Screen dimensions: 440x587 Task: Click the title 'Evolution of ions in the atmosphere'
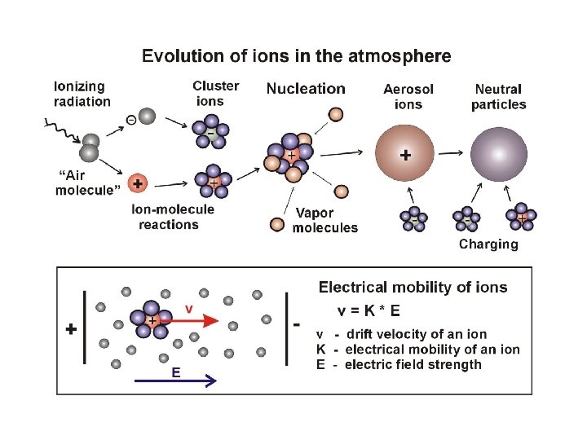pyautogui.click(x=296, y=56)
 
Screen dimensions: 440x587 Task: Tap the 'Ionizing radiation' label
pyautogui.click(x=82, y=94)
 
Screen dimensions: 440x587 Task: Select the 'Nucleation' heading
pyautogui.click(x=306, y=89)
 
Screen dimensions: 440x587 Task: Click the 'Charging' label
pyautogui.click(x=488, y=244)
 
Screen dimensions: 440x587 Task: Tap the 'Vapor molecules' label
pyautogui.click(x=325, y=220)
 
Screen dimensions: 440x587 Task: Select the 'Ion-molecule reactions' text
pyautogui.click(x=173, y=217)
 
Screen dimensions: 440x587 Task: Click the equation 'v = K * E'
pyautogui.click(x=369, y=310)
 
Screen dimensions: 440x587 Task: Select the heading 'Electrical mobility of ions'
pyautogui.click(x=413, y=287)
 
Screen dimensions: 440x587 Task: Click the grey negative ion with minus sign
pyautogui.click(x=145, y=117)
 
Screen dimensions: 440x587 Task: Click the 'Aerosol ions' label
pyautogui.click(x=408, y=96)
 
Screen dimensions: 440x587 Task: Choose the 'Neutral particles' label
pyautogui.click(x=499, y=96)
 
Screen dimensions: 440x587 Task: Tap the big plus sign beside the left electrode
pyautogui.click(x=72, y=330)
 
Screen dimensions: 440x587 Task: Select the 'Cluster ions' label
pyautogui.click(x=215, y=93)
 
